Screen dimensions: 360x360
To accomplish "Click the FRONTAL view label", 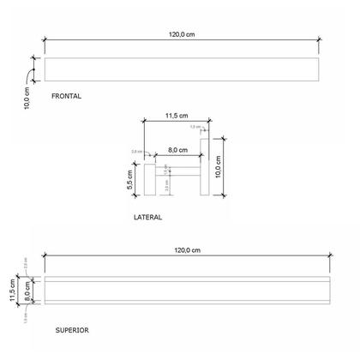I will point(67,97).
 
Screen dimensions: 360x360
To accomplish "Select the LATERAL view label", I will point(147,218).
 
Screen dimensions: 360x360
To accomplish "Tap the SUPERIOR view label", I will point(71,330).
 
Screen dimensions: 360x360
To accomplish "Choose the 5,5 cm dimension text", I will point(129,180).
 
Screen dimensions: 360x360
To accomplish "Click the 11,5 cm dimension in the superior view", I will point(12,291).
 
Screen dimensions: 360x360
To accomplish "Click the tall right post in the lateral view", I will point(204,166).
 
